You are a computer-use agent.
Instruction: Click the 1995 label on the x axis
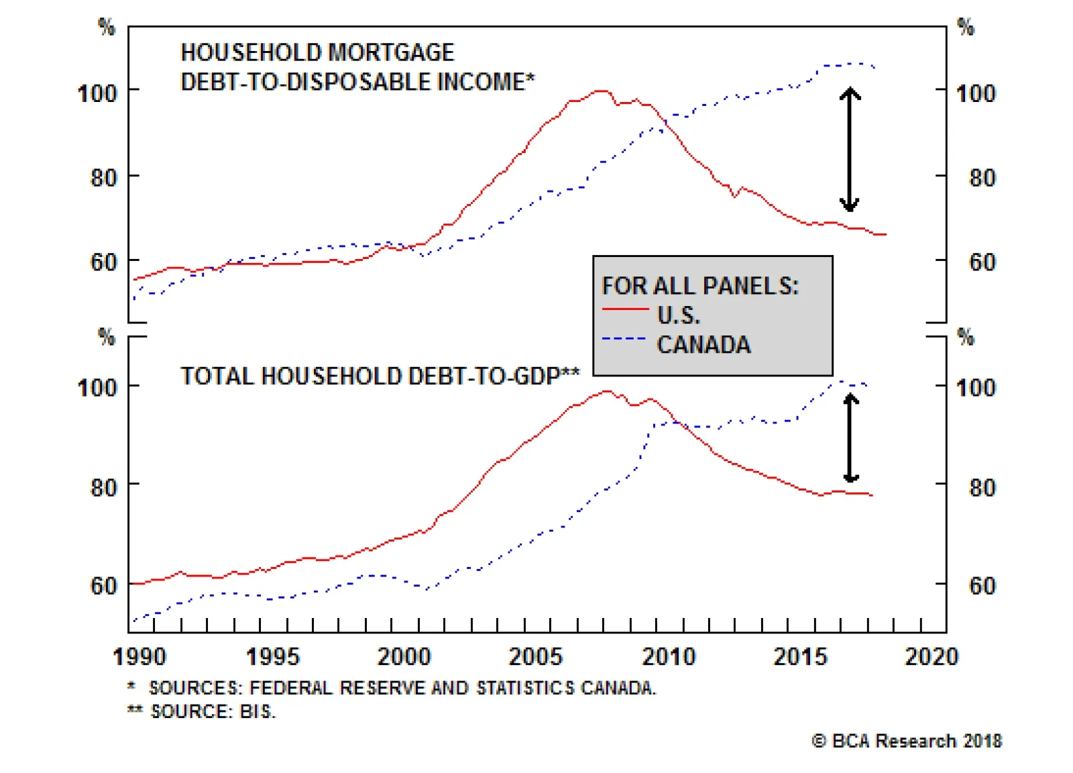coord(272,656)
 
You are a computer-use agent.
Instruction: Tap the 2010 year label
coord(669,656)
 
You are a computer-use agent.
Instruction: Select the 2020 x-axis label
coord(931,656)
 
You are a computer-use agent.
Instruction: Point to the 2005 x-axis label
coord(535,656)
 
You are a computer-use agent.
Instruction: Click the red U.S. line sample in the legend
coord(625,309)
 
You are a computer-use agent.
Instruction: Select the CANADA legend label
coord(703,345)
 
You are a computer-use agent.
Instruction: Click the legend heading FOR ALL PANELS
coord(700,287)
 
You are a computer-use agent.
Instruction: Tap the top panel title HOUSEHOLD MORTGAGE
coord(317,52)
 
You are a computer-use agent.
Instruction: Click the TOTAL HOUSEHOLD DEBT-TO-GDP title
coord(380,376)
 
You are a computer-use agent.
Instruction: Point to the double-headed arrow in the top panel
coord(850,149)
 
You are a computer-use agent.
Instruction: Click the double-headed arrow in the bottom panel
coord(850,437)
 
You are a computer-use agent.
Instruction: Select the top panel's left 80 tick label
coord(103,178)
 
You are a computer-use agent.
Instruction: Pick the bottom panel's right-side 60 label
coord(982,586)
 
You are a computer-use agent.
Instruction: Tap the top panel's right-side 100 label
coord(976,93)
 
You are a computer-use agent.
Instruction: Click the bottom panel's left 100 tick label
coord(97,388)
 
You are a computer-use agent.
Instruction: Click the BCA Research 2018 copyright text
coord(907,741)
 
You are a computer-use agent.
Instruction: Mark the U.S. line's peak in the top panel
coord(602,91)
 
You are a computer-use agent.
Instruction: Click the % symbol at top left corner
coord(107,27)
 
